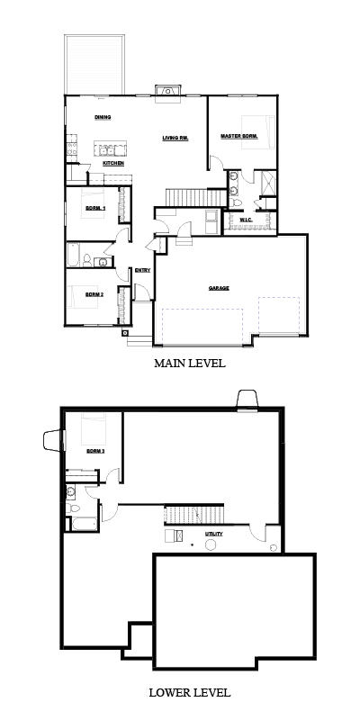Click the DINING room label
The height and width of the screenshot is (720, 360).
pyautogui.click(x=103, y=117)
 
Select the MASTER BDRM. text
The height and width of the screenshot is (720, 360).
pyautogui.click(x=239, y=137)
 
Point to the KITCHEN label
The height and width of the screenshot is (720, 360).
pyautogui.click(x=113, y=164)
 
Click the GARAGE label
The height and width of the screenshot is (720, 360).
pyautogui.click(x=219, y=288)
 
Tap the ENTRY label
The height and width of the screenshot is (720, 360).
pyautogui.click(x=142, y=271)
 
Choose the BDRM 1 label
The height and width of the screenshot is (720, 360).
pyautogui.click(x=95, y=208)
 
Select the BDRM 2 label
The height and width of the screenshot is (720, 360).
pyautogui.click(x=94, y=294)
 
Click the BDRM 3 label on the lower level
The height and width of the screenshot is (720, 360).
pyautogui.click(x=95, y=452)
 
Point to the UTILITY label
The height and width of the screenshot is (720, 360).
pyautogui.click(x=214, y=534)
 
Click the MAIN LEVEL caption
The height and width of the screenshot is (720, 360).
pyautogui.click(x=190, y=364)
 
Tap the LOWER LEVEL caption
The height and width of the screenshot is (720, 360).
pyautogui.click(x=190, y=692)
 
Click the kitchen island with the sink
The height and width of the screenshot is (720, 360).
pyautogui.click(x=109, y=148)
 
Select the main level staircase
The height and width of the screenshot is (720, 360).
pyautogui.click(x=196, y=197)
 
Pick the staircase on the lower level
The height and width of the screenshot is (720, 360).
pyautogui.click(x=194, y=514)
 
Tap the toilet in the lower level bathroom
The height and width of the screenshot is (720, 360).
pyautogui.click(x=73, y=508)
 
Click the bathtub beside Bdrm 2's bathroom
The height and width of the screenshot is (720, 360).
pyautogui.click(x=74, y=256)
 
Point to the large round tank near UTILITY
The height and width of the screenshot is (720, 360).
pyautogui.click(x=211, y=545)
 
